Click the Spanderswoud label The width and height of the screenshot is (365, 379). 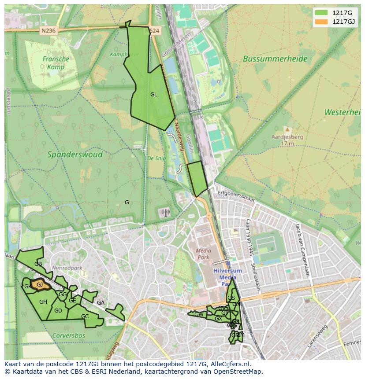click(75, 155)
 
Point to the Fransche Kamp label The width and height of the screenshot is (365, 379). click(56, 63)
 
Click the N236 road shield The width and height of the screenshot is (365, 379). click(48, 31)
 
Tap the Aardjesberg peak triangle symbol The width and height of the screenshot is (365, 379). click(287, 130)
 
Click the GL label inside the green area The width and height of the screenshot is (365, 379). click(153, 95)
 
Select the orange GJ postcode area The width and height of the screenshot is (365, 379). click(39, 285)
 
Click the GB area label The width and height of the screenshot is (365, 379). click(38, 264)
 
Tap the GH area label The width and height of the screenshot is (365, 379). click(43, 302)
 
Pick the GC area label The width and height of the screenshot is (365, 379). click(85, 316)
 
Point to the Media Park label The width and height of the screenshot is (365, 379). click(203, 254)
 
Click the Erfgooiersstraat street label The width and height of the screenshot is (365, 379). click(237, 196)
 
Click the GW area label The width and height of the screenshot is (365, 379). click(199, 314)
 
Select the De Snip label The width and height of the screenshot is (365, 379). click(156, 158)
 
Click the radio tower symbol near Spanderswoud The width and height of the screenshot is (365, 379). click(165, 213)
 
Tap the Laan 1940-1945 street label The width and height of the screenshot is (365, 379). click(251, 238)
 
